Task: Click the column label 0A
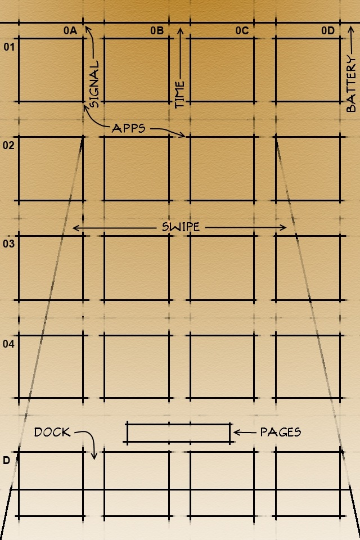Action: click(x=70, y=30)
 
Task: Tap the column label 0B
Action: click(x=157, y=30)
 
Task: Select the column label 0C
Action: click(x=242, y=30)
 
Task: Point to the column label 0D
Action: click(x=328, y=30)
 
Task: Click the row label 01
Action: click(x=10, y=47)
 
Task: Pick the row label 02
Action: click(x=8, y=145)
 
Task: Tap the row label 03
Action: click(x=8, y=244)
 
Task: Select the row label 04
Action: click(x=8, y=344)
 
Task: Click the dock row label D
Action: click(x=7, y=461)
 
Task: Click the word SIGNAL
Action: click(x=94, y=84)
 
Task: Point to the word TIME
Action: click(x=180, y=94)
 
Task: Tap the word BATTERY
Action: click(x=350, y=84)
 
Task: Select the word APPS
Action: click(x=128, y=128)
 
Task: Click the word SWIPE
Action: click(x=181, y=227)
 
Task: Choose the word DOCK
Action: click(x=52, y=432)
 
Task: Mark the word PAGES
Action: click(x=281, y=432)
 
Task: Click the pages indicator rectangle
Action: click(x=178, y=425)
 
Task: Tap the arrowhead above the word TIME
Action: click(x=180, y=31)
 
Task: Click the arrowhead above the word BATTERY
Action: click(x=350, y=30)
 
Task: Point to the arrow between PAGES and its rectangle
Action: click(x=245, y=432)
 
